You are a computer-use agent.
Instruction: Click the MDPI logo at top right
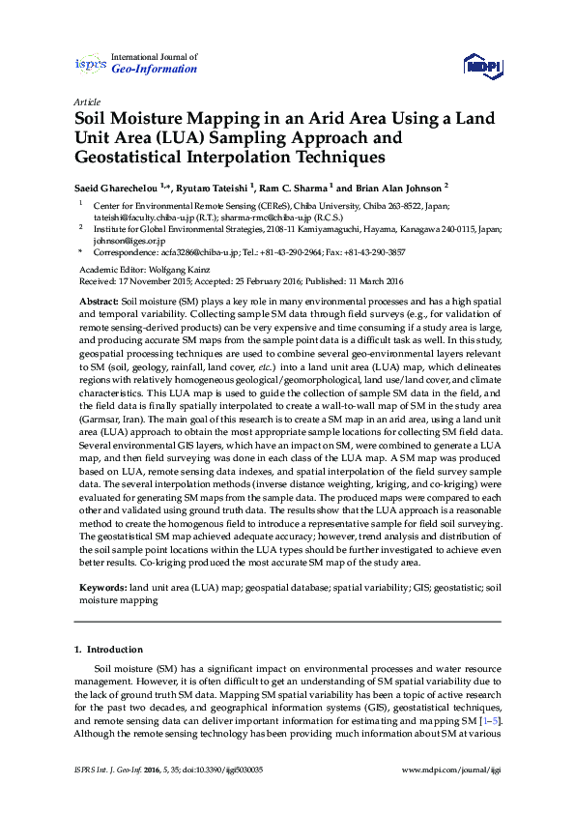pyautogui.click(x=481, y=64)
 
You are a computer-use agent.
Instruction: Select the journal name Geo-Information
pyautogui.click(x=155, y=70)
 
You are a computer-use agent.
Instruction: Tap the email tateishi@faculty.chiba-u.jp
pyautogui.click(x=137, y=218)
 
